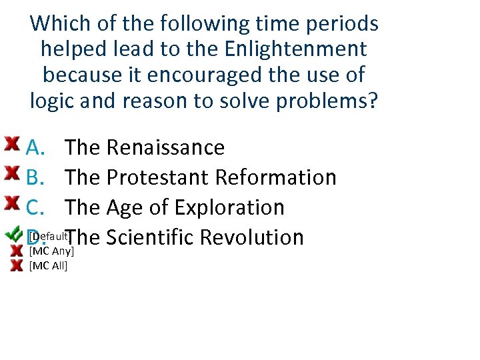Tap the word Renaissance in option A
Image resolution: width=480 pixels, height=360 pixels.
[x=165, y=147]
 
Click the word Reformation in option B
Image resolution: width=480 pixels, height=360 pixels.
[x=275, y=177]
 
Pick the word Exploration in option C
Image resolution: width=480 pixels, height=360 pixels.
[x=229, y=207]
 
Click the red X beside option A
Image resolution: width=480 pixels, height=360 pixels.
[x=11, y=143]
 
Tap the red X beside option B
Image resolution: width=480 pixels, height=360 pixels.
[x=11, y=173]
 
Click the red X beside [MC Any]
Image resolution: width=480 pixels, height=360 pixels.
[x=18, y=251]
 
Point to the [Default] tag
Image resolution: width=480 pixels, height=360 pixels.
[x=49, y=236]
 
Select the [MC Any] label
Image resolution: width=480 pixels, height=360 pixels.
[x=51, y=251]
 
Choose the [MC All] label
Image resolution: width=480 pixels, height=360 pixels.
[x=49, y=266]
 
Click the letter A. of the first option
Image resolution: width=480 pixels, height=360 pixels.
[x=36, y=147]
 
